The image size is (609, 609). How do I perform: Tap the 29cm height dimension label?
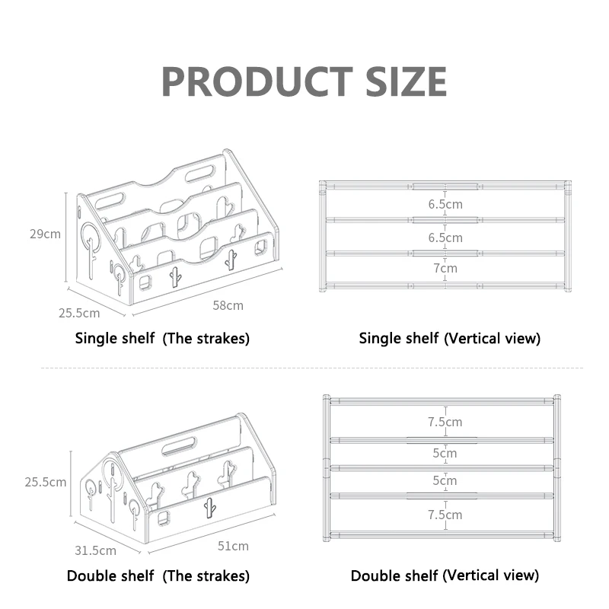tap(45, 234)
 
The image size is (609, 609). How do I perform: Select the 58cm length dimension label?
tap(228, 305)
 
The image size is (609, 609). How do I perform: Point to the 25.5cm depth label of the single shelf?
tap(80, 313)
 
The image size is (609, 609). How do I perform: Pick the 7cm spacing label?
tap(445, 268)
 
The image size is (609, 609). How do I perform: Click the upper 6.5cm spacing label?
tap(445, 204)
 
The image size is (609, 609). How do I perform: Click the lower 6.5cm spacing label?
tap(445, 238)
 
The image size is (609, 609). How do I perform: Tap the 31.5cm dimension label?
tap(96, 550)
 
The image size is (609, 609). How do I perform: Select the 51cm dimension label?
tap(234, 546)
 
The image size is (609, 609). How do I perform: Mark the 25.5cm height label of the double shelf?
tap(45, 482)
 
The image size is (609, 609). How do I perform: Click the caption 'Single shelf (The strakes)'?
tap(162, 338)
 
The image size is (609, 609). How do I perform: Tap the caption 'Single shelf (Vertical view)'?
tap(449, 338)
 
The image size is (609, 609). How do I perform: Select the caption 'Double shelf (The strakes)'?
tap(158, 576)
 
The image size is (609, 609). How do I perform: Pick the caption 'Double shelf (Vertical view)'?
tap(445, 576)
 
